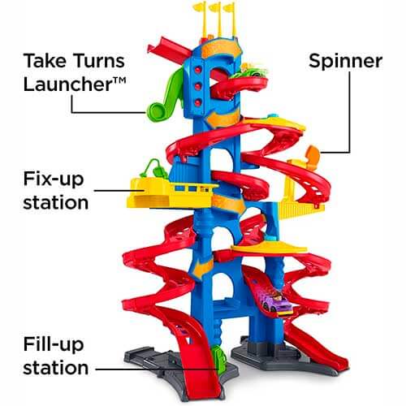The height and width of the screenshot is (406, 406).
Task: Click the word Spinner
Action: click(345, 62)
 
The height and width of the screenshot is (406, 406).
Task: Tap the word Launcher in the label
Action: click(67, 84)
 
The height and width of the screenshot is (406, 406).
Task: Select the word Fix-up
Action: click(54, 179)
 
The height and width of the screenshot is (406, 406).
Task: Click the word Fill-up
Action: click(54, 344)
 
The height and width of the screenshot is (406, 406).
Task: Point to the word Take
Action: click(45, 61)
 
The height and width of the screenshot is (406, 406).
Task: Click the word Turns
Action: click(99, 61)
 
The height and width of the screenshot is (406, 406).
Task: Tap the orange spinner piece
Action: click(313, 155)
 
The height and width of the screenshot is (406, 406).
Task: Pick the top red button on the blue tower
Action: click(198, 71)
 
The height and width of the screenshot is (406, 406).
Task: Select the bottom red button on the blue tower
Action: click(198, 102)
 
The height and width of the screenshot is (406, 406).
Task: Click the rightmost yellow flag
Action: click(231, 19)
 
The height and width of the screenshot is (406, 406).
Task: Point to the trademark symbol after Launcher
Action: click(119, 80)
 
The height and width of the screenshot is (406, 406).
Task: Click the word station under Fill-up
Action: click(56, 368)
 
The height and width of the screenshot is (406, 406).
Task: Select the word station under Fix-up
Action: click(56, 202)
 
